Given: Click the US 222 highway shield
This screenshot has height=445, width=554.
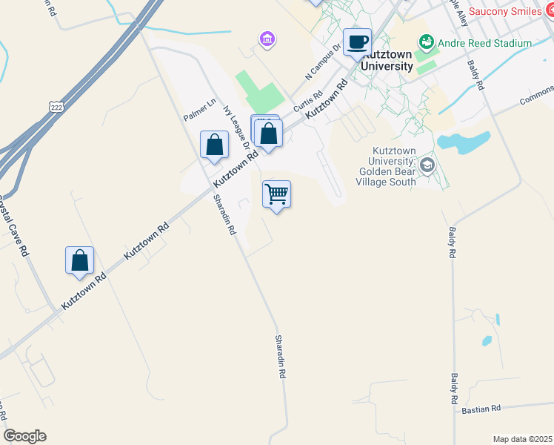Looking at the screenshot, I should pyautogui.click(x=56, y=108).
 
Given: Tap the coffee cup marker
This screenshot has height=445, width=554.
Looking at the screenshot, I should pyautogui.click(x=357, y=43).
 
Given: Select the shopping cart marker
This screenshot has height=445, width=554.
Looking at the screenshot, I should pyautogui.click(x=276, y=195).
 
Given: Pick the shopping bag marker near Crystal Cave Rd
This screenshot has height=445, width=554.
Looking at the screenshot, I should pyautogui.click(x=79, y=261).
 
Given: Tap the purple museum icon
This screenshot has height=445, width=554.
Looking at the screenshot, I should pyautogui.click(x=266, y=38).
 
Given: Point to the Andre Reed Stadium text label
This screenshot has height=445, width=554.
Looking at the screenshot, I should pyautogui.click(x=484, y=43).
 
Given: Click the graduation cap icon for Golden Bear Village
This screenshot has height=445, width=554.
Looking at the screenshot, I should pyautogui.click(x=426, y=165).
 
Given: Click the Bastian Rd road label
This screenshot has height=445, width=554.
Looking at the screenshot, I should pyautogui.click(x=481, y=409).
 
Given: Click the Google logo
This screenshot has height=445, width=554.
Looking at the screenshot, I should pyautogui.click(x=24, y=436).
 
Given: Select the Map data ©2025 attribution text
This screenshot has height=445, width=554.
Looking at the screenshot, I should pyautogui.click(x=521, y=439).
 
